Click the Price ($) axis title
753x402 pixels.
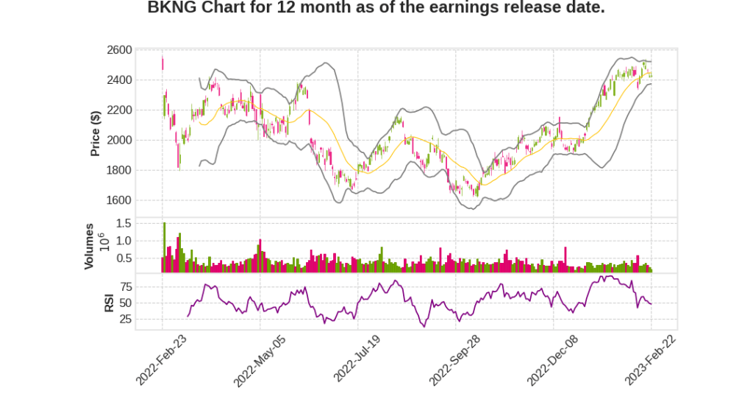click(95, 133)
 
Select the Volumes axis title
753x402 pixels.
click(89, 246)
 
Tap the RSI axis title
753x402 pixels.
click(109, 303)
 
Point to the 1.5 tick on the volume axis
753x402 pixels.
click(144, 223)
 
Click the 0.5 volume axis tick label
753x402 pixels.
click(144, 258)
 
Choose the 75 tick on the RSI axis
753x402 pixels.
click(146, 286)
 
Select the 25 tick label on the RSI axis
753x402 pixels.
click(146, 320)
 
